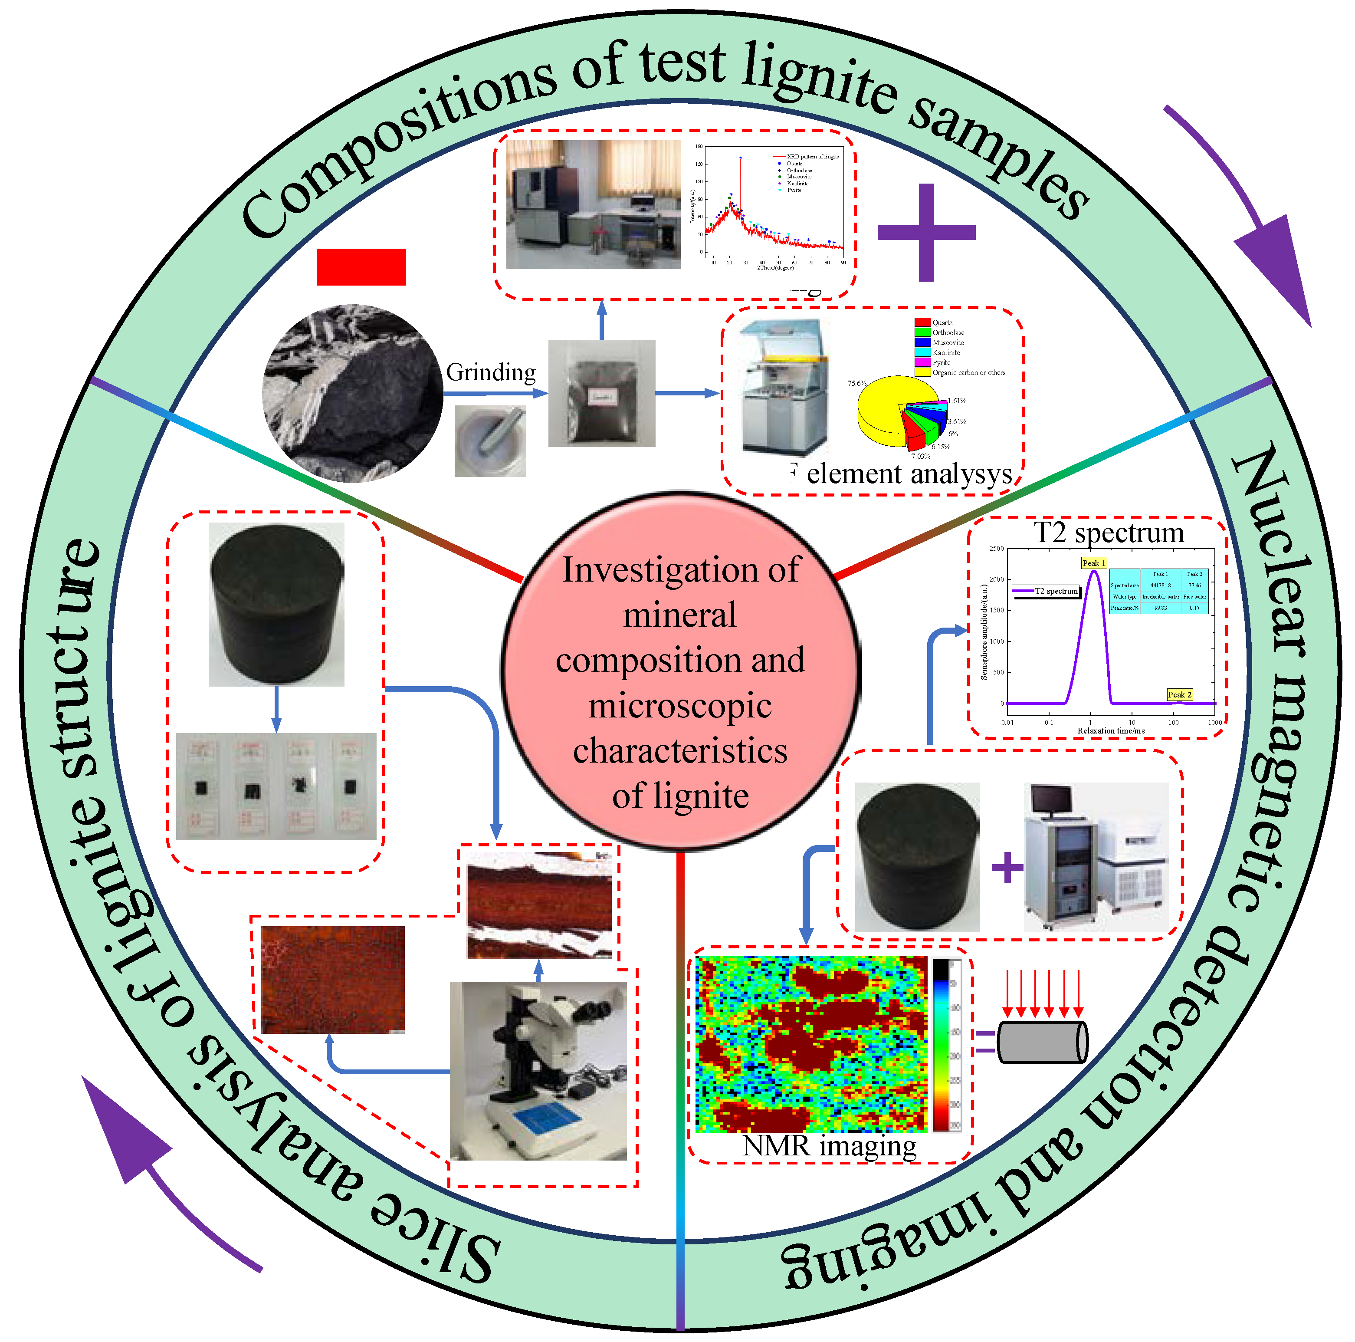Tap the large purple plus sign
coord(926,232)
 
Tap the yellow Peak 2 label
coord(1179,694)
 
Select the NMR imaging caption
coord(829,1145)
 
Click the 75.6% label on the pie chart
coord(856,384)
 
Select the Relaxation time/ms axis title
coord(1111,731)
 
